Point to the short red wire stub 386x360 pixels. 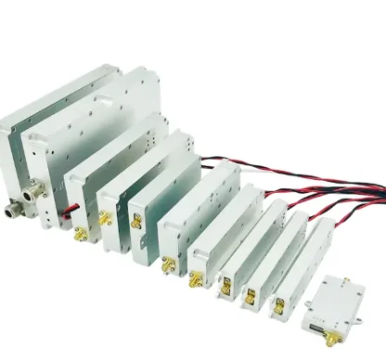(x=66, y=214)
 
